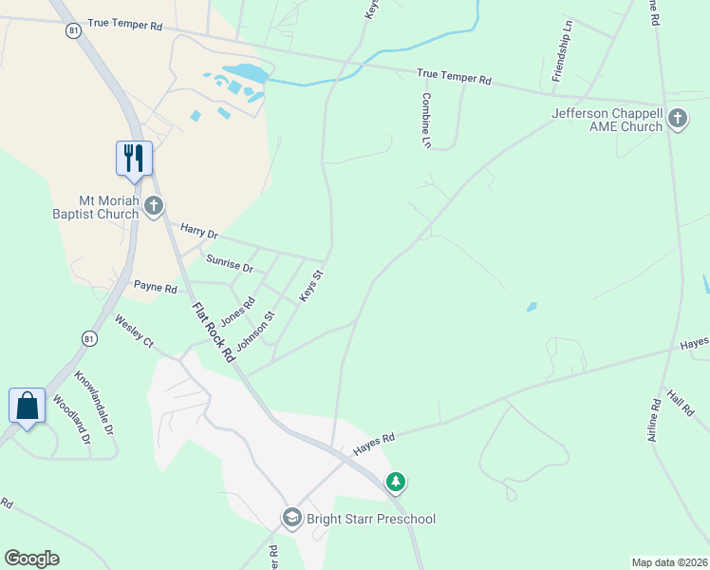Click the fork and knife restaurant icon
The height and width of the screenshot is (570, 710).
click(134, 158)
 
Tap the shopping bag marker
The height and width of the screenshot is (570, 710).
click(28, 406)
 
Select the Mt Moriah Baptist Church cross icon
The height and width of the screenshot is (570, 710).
click(154, 205)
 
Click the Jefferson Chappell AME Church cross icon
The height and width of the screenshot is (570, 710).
click(677, 119)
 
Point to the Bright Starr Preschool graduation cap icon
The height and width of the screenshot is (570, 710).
click(291, 518)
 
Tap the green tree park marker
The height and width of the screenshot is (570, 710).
click(396, 483)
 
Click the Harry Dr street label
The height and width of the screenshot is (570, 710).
click(199, 234)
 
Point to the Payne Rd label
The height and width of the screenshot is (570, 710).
click(156, 287)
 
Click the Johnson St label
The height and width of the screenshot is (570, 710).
click(255, 331)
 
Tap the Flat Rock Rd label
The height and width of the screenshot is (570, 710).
click(213, 332)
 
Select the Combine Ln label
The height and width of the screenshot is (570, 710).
click(427, 120)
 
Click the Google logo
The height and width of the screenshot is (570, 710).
click(31, 559)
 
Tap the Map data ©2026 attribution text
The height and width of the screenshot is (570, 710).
click(669, 562)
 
